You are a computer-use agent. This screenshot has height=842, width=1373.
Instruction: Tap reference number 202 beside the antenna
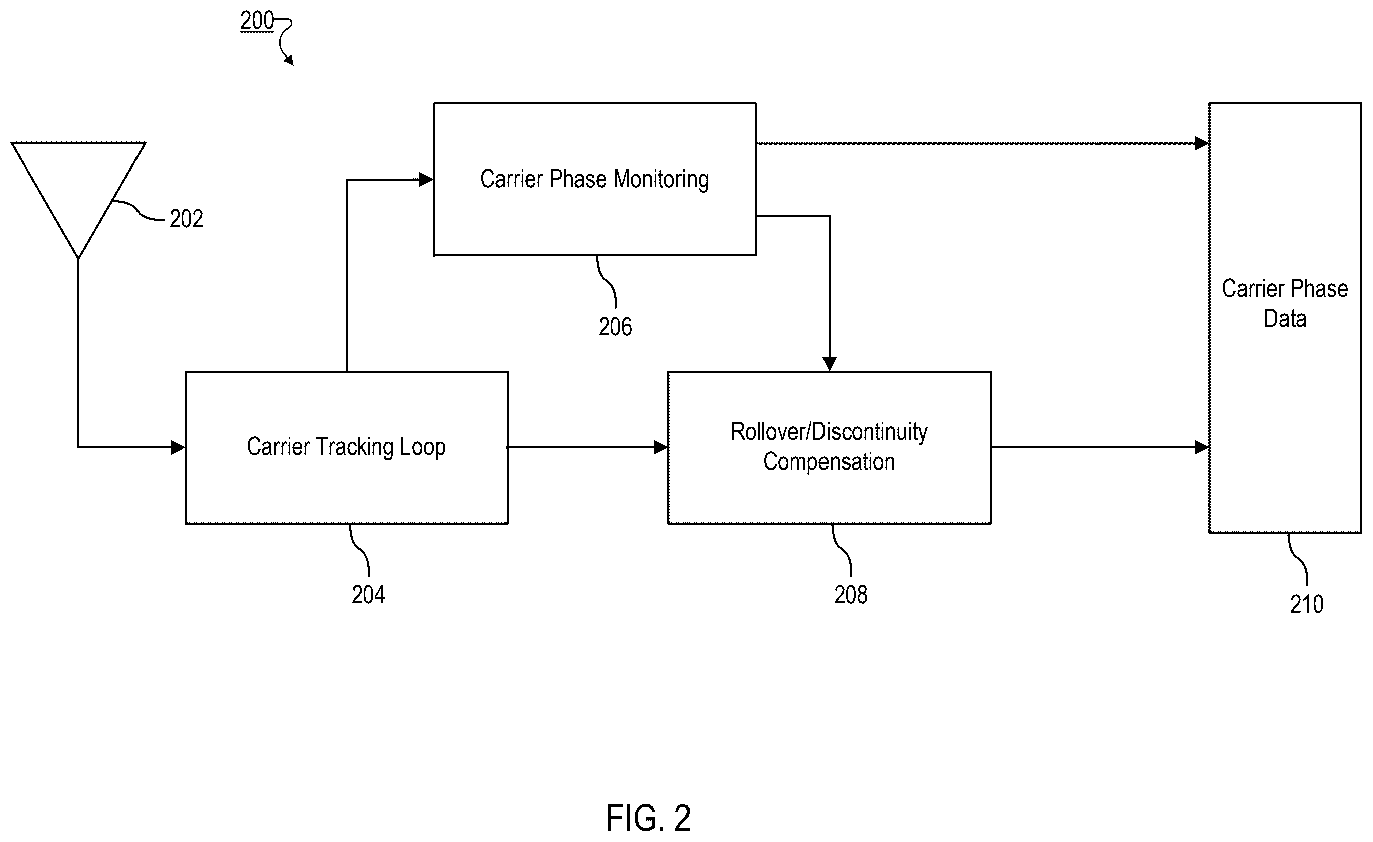186,219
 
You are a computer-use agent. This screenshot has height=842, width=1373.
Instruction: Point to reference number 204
368,595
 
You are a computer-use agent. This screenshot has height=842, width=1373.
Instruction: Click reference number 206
615,327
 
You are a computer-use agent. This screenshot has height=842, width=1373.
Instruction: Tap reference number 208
850,595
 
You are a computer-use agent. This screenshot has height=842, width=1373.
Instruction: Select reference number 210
1307,604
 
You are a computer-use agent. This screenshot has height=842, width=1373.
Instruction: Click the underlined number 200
257,21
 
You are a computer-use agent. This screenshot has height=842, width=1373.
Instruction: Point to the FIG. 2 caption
648,817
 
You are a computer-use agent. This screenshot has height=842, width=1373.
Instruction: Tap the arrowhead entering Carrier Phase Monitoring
426,180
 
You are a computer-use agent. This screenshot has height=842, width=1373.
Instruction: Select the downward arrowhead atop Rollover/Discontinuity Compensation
829,364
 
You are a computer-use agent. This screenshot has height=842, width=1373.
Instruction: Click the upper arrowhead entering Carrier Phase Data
1201,143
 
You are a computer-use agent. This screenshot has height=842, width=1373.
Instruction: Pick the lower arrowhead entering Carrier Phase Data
1201,447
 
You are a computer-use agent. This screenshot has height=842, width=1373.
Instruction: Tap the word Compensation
829,462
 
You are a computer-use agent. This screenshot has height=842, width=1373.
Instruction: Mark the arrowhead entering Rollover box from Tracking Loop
661,447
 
